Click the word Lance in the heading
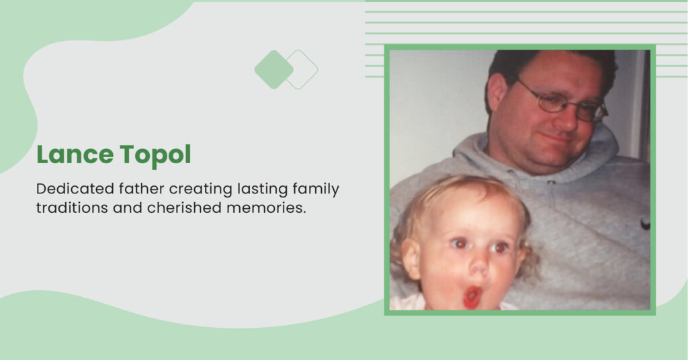tap(75, 154)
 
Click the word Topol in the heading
tap(156, 156)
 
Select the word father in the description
tap(142, 189)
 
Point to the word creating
tap(200, 189)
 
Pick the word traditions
tap(72, 208)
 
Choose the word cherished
tap(184, 208)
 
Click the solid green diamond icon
tap(273, 69)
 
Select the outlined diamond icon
tap(307, 69)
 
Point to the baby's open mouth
tap(472, 297)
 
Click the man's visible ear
tap(498, 93)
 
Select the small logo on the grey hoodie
tap(645, 224)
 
